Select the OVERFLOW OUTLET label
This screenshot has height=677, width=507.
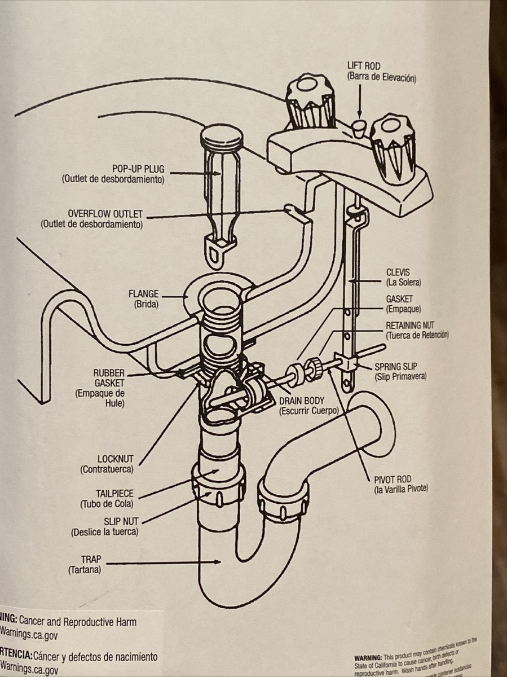point(105,214)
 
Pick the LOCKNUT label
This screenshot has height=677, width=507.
point(115,459)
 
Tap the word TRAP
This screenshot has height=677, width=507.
point(90,560)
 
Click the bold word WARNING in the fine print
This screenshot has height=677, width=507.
point(367,658)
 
